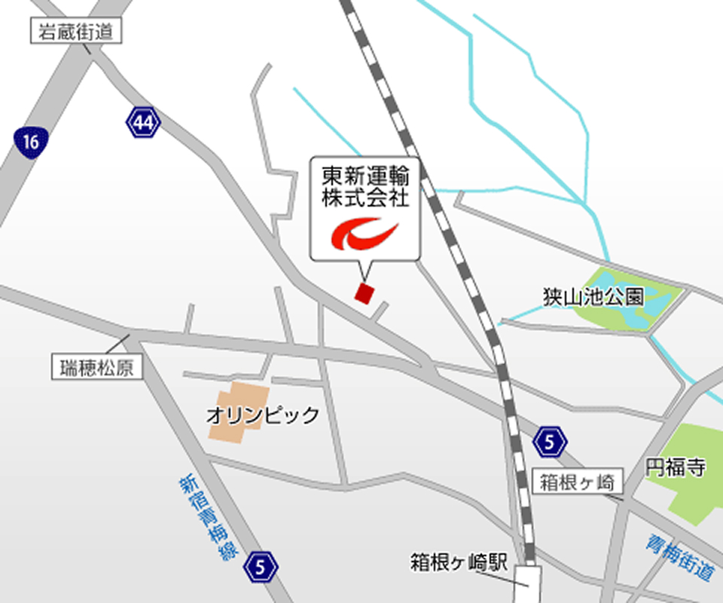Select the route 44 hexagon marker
click(143, 121)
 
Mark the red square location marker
click(365, 292)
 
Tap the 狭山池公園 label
click(593, 296)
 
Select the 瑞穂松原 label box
click(96, 367)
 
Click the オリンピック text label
click(263, 415)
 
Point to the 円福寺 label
click(676, 467)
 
